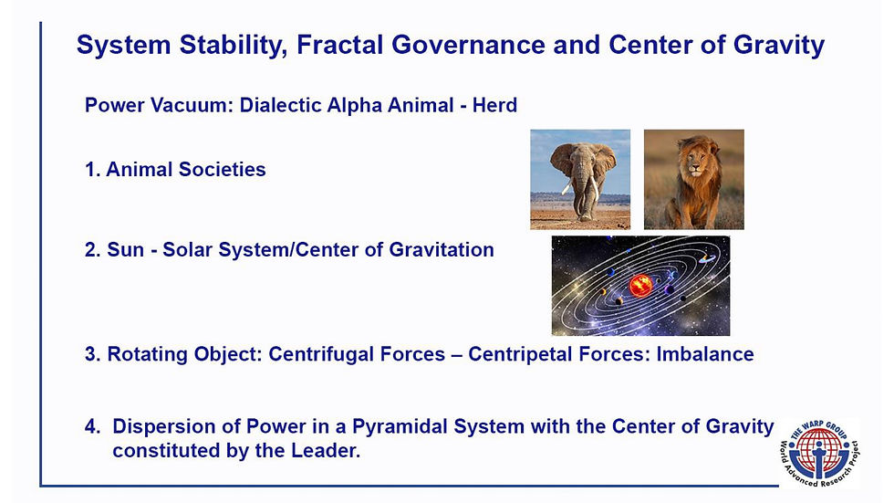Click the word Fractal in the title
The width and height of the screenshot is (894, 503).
click(x=339, y=45)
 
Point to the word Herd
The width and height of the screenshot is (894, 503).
click(x=494, y=106)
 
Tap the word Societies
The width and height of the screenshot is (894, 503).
click(x=223, y=170)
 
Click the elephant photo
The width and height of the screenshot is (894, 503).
click(x=580, y=179)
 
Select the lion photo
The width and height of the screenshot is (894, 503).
click(x=694, y=179)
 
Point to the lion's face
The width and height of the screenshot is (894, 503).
click(x=694, y=162)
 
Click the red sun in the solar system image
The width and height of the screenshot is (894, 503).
click(x=640, y=285)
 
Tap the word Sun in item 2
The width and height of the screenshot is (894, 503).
click(x=126, y=250)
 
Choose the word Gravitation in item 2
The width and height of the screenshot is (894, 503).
click(x=442, y=250)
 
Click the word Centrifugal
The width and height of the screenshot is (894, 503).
click(x=357, y=354)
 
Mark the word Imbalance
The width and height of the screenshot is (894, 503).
click(x=705, y=354)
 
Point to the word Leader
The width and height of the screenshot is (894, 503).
click(x=326, y=451)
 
